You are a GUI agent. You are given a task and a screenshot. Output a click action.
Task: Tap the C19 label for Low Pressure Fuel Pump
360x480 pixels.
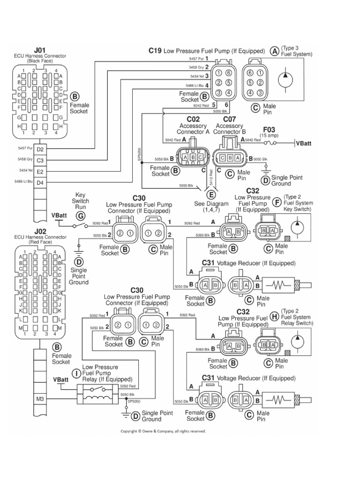coord(155,50)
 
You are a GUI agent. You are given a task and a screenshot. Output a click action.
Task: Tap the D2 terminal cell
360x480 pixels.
coord(40,149)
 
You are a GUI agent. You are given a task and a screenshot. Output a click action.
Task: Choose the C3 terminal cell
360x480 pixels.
coord(40,160)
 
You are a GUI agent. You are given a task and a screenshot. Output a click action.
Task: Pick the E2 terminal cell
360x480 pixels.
coord(40,172)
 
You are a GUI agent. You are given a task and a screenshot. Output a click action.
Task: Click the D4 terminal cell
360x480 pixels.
coord(40,183)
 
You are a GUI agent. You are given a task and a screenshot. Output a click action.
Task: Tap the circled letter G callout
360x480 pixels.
coord(81,216)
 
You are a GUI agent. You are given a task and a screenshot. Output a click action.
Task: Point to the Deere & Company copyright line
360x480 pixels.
coord(163,431)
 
